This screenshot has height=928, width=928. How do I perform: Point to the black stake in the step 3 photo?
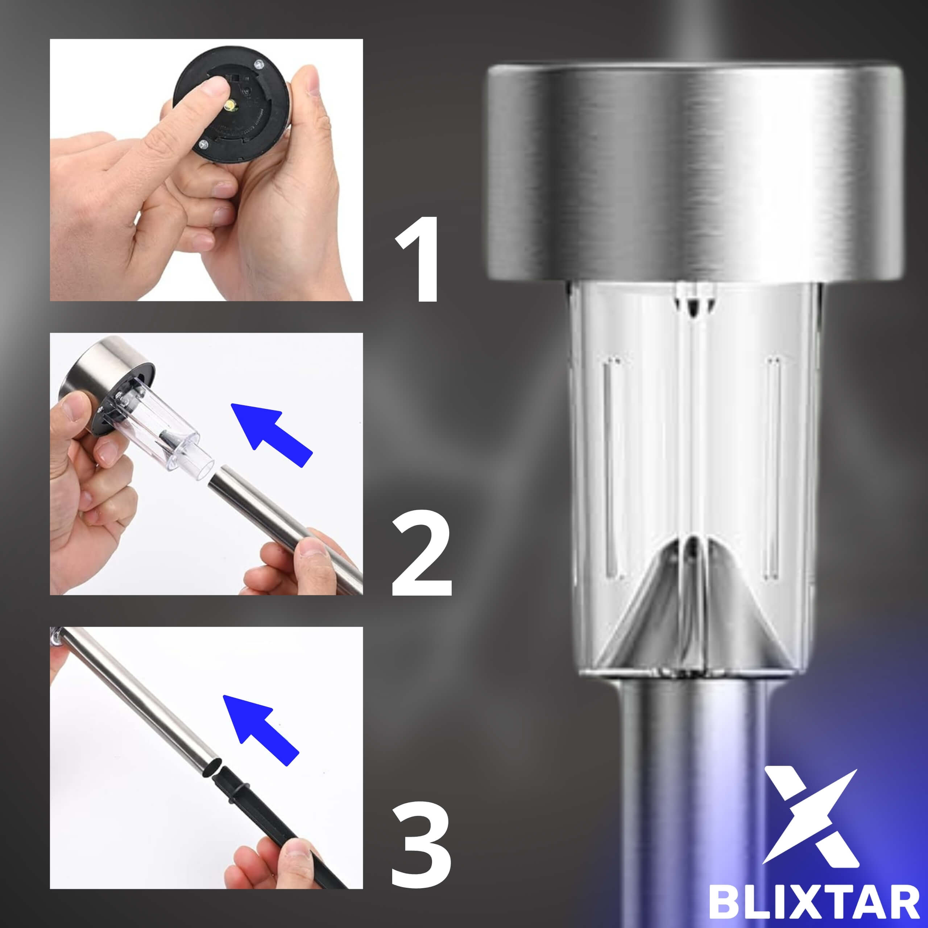pos(279,826)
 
